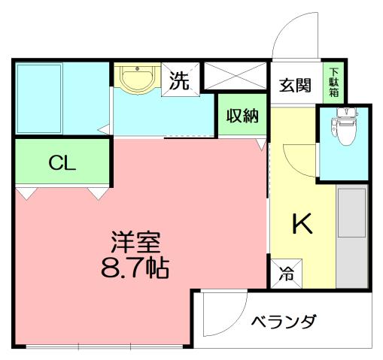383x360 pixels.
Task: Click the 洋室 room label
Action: click(136, 243)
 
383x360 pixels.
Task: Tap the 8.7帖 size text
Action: click(135, 267)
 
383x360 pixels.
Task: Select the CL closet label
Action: click(62, 162)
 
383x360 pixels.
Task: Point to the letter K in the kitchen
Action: click(302, 223)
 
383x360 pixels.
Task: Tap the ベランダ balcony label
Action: click(283, 322)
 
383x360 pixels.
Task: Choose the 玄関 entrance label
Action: click(296, 84)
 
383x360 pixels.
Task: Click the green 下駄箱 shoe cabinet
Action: click(332, 81)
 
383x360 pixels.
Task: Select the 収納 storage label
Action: click(242, 116)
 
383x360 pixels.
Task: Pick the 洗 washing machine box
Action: click(181, 79)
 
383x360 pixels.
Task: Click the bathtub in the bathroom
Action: click(38, 99)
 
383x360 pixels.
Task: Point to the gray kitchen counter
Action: click(351, 237)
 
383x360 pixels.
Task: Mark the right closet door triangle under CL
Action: click(98, 194)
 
